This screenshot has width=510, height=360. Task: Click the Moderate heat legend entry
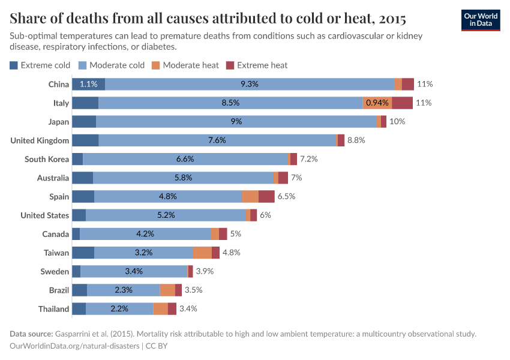pyautogui.click(x=185, y=65)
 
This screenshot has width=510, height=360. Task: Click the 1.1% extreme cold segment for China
pyautogui.click(x=88, y=84)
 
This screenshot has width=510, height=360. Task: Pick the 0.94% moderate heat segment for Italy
pyautogui.click(x=377, y=103)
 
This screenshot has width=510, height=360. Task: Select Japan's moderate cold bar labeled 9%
pyautogui.click(x=236, y=121)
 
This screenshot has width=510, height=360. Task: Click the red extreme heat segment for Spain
pyautogui.click(x=266, y=196)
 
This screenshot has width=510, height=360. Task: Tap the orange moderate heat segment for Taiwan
pyautogui.click(x=202, y=253)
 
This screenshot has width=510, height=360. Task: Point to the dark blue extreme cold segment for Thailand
pyautogui.click(x=79, y=309)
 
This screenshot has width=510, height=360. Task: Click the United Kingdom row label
pyautogui.click(x=40, y=140)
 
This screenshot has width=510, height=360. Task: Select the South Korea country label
pyautogui.click(x=47, y=159)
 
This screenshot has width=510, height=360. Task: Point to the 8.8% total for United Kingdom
pyautogui.click(x=356, y=140)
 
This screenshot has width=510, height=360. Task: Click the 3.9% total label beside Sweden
pyautogui.click(x=205, y=271)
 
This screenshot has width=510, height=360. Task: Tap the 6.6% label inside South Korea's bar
pyautogui.click(x=185, y=159)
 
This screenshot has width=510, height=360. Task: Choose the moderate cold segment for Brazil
pyautogui.click(x=124, y=290)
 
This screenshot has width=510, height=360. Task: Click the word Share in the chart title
pyautogui.click(x=28, y=17)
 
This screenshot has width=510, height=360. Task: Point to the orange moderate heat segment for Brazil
pyautogui.click(x=167, y=290)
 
